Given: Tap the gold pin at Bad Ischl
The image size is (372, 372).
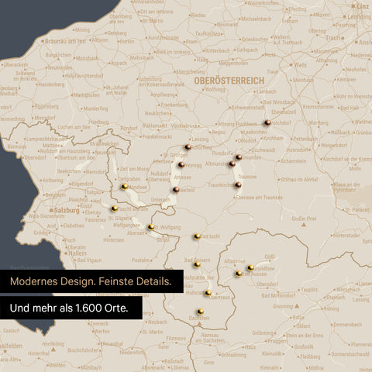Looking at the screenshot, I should point(197,236).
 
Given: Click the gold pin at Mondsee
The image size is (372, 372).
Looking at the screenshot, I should point(125,186).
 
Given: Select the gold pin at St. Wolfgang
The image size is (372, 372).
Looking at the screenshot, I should point(150,227).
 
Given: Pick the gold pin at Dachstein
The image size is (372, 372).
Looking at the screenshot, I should point(200,311).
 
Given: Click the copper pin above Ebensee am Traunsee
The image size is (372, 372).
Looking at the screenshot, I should point(237,184).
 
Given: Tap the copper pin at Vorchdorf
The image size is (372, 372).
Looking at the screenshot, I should point(267,122).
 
